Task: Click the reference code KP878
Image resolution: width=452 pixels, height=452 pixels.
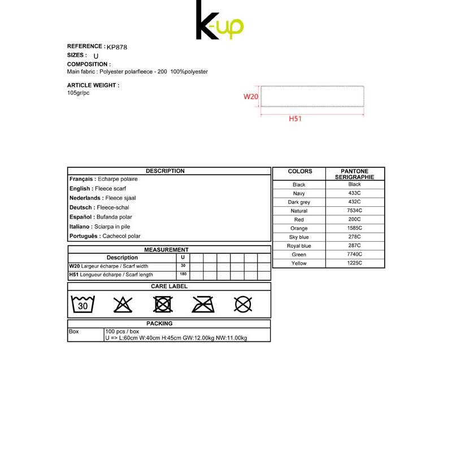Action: point(117,47)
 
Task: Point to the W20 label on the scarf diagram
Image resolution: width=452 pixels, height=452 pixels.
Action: point(251,97)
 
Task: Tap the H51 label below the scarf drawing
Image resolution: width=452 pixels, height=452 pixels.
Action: point(295,119)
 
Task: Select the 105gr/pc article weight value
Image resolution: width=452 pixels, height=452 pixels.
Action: point(79,93)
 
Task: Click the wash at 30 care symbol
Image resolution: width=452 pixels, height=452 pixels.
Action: point(82,305)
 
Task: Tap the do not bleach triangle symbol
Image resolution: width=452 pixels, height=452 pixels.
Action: point(123,305)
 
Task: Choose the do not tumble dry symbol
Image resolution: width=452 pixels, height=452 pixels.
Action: point(163,305)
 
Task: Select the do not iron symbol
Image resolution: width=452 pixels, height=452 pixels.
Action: point(203,305)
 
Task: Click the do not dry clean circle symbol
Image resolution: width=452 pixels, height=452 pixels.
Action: point(243,305)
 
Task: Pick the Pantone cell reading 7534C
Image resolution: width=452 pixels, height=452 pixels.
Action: point(355,211)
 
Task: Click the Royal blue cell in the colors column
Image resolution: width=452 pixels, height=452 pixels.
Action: point(299,246)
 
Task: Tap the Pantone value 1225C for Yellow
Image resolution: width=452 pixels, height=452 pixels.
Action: point(355,263)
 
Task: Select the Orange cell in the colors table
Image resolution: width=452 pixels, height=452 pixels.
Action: point(299,228)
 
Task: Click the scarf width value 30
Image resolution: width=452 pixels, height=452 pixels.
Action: point(183,266)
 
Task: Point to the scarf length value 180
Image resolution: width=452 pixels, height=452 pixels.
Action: point(183,275)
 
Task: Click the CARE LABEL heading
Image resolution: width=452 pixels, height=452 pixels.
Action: point(169,286)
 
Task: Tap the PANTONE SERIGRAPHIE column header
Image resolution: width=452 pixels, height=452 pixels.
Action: point(355,174)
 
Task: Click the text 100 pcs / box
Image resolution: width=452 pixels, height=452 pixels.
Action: point(122,331)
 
